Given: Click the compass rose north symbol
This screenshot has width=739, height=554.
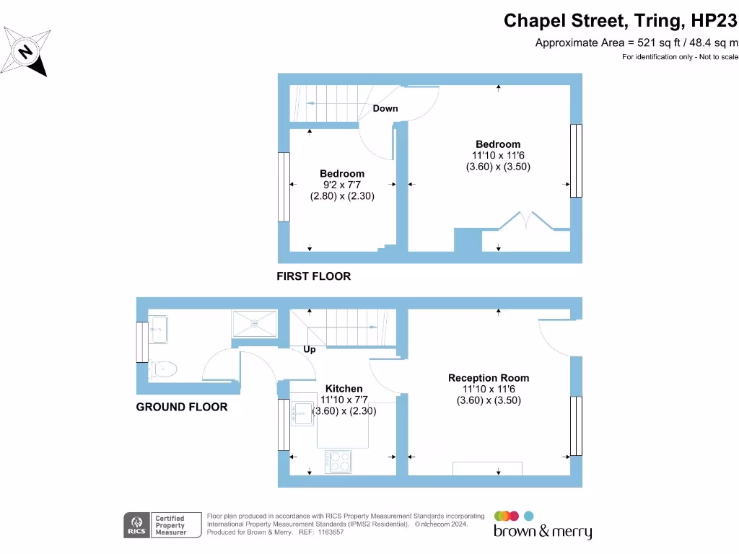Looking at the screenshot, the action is coord(25,51).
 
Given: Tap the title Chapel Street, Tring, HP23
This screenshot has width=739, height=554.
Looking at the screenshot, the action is coord(620,21).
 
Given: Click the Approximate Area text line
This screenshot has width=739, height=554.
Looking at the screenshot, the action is coord(637,43).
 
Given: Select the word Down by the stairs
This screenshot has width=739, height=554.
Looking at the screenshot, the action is coord(385,108).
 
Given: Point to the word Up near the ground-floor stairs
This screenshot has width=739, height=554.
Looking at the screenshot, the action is coord(309,350).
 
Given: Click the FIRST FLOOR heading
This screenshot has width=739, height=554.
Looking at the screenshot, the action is coord(313,276).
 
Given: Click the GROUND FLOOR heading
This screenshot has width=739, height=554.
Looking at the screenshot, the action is coord(181,407).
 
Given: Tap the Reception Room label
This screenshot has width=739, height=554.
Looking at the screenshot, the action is coord(489,378).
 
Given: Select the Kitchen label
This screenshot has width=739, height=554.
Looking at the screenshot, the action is coord(344,389).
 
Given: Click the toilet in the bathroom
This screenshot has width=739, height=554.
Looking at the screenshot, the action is coord(163,369).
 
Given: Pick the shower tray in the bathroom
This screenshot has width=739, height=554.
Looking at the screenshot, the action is coord(255,324).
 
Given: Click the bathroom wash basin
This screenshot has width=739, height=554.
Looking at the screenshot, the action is coord(159,330).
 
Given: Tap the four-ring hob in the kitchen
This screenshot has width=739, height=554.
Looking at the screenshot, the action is coord(338,462).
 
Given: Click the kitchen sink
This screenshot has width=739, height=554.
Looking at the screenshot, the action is coord(302,413).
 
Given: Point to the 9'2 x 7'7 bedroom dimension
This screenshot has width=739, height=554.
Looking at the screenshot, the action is coord(341,185).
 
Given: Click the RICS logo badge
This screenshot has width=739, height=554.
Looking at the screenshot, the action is coord(136,525).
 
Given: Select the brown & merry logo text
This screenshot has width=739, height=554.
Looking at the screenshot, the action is coord(543,532).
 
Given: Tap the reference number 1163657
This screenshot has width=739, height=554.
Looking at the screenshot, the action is coord(331,532).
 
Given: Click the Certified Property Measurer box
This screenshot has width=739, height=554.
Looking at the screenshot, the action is coord(176,525).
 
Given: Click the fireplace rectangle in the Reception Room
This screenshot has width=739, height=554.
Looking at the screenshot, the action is coord(487,469).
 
